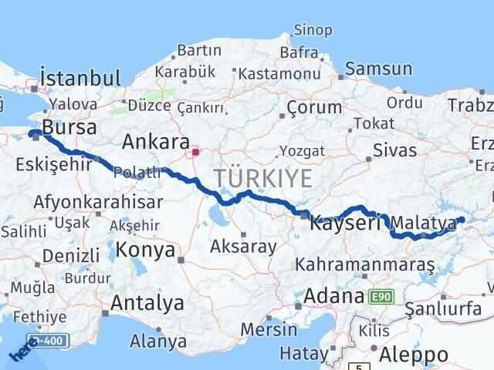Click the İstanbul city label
click(80, 78)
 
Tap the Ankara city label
click(157, 142)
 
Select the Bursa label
click(70, 126)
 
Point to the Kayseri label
click(345, 224)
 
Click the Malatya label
click(424, 224)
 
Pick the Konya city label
click(146, 250)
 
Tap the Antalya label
click(147, 303)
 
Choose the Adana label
click(333, 296)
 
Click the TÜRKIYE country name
click(263, 178)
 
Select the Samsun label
click(378, 69)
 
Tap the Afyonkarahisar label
click(98, 202)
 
